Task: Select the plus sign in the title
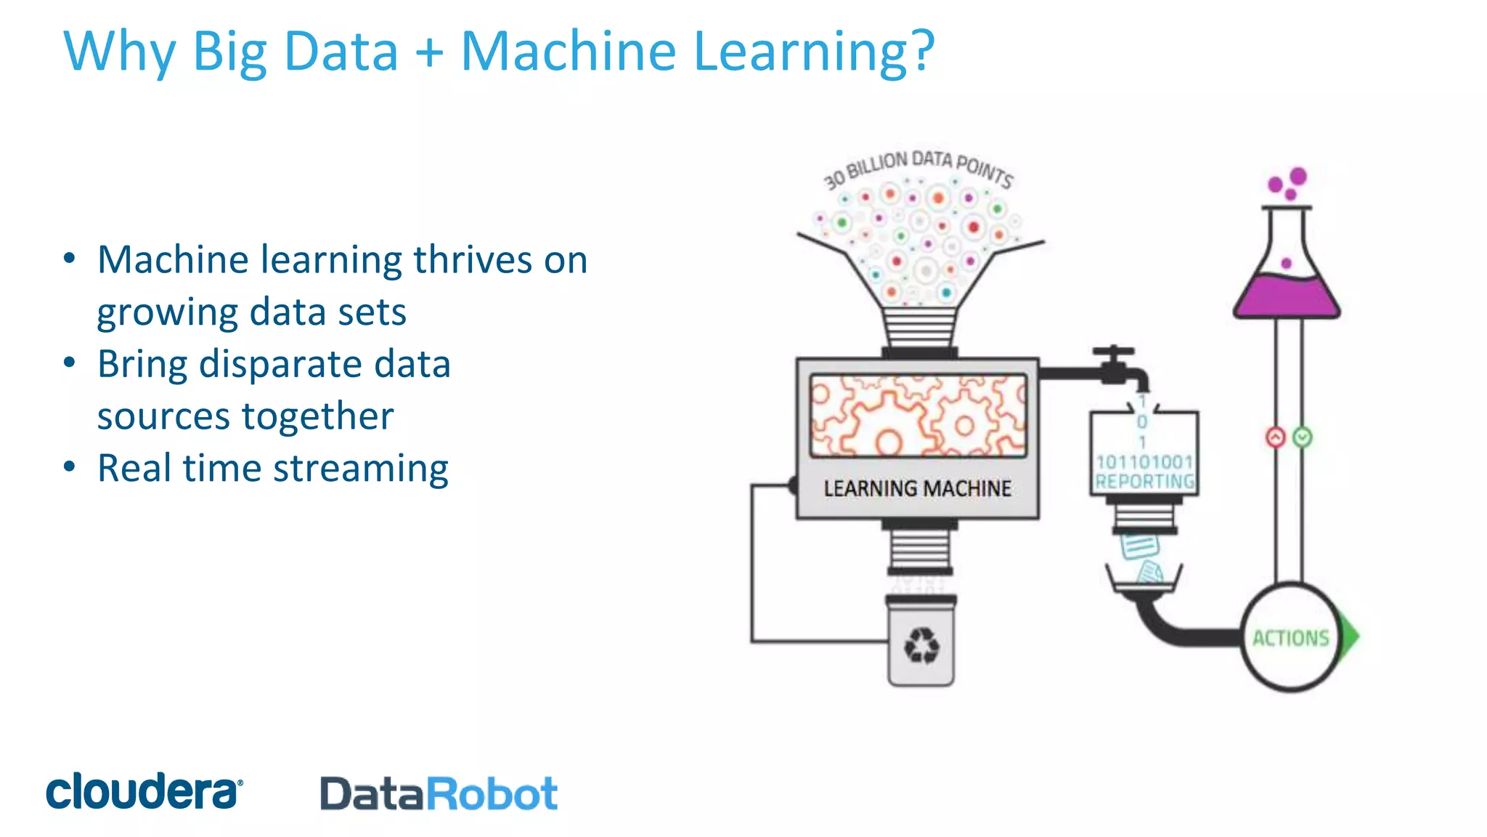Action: coord(430,52)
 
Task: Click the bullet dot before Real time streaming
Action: coord(69,466)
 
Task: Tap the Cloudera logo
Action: coord(144,791)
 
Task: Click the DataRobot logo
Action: coord(439,793)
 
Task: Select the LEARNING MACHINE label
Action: coord(917,488)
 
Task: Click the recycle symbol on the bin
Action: coord(921,645)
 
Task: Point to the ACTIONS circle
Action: coord(1290,638)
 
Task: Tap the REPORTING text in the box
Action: coord(1144,481)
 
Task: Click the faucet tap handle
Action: coord(1113,352)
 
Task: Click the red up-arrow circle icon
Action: coord(1275,437)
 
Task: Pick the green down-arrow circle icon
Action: coord(1302,437)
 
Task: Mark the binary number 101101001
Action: coord(1144,461)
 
